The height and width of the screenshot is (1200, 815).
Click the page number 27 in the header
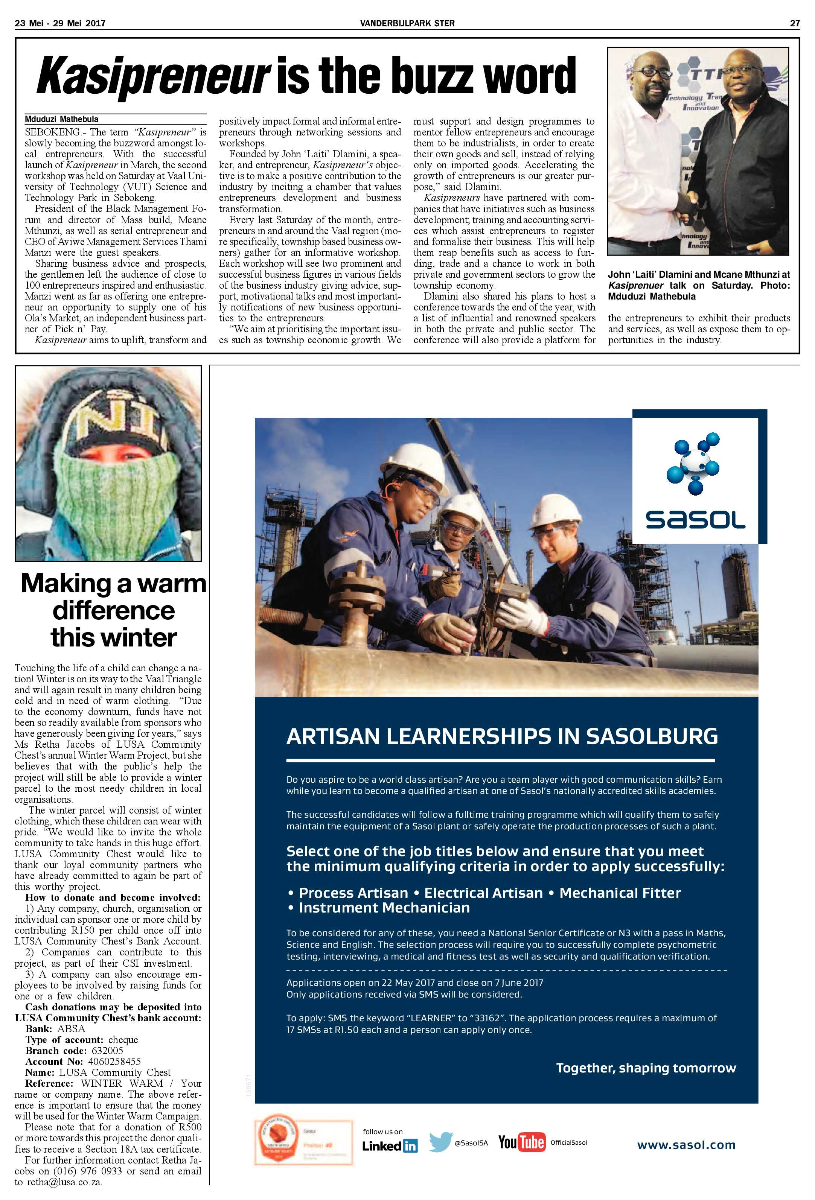click(x=795, y=23)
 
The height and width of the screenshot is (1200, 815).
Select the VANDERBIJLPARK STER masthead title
click(x=407, y=23)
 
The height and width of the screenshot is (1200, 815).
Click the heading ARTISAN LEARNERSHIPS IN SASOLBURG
click(x=502, y=736)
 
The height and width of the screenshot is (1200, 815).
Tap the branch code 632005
click(x=107, y=1050)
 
